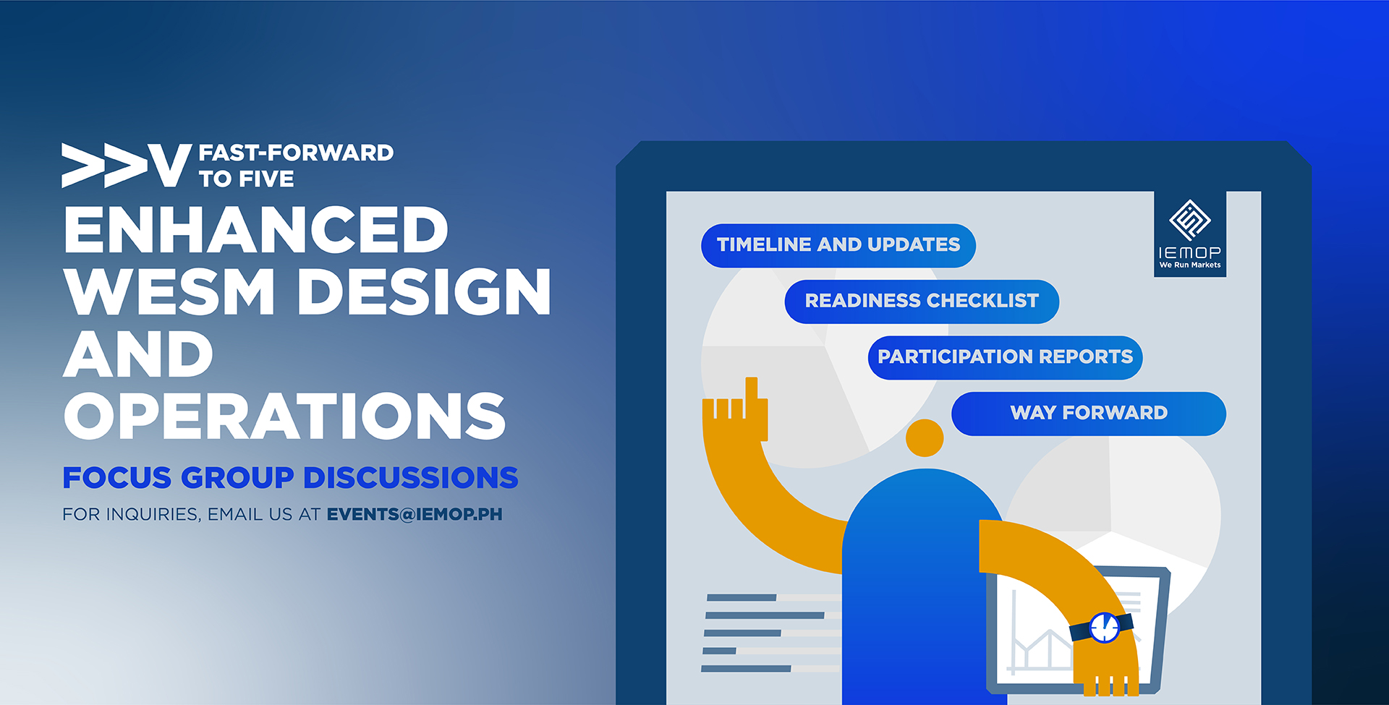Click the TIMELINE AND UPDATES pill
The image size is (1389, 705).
pos(838,245)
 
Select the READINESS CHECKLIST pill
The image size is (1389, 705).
pos(922,301)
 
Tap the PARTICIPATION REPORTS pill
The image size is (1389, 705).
pos(1005,357)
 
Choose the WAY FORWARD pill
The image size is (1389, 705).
pos(1089,414)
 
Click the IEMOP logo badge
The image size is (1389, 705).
pos(1190,234)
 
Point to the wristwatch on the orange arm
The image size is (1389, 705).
pos(1103,627)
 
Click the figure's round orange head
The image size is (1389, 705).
pos(925,437)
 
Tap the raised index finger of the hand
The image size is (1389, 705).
pos(752,390)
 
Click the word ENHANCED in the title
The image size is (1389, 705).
pos(256,230)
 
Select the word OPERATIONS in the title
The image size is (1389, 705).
pos(285,416)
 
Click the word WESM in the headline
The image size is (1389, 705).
pos(169,291)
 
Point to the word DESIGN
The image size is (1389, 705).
pos(425,291)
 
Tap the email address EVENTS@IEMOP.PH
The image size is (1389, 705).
pos(415,514)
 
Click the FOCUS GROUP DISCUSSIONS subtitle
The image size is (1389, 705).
pos(290,478)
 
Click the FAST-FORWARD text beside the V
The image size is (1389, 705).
pos(296,153)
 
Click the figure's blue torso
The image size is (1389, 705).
pos(922,586)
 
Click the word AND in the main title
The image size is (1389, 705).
pos(138,354)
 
